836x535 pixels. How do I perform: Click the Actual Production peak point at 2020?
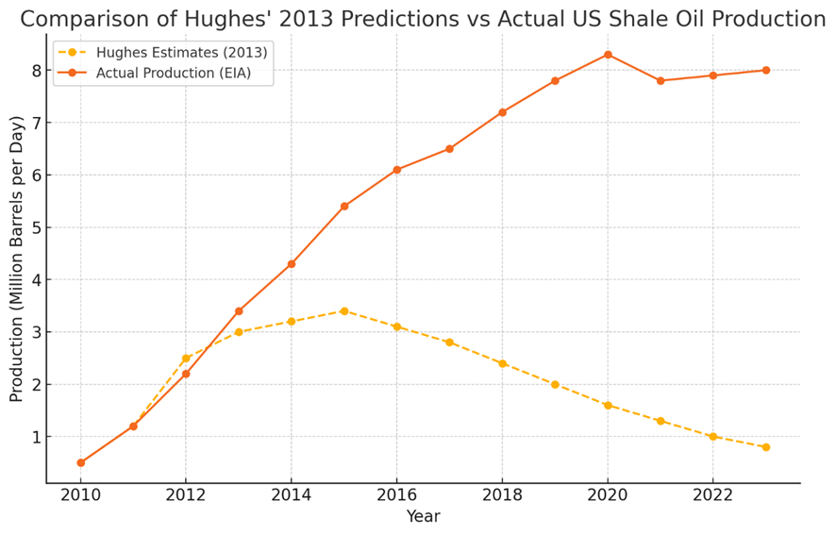[608, 55]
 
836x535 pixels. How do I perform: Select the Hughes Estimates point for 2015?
[344, 311]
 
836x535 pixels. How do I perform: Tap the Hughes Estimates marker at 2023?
[765, 447]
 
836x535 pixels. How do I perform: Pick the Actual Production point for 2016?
[397, 170]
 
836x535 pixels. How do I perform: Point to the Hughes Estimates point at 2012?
[186, 359]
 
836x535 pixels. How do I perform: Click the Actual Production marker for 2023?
[765, 70]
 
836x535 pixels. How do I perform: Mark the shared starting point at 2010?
[81, 462]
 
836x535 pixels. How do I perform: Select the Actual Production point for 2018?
[502, 112]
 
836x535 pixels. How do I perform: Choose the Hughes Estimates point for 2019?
[555, 385]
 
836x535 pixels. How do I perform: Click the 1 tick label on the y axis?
[36, 438]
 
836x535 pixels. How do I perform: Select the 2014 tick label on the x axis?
[292, 495]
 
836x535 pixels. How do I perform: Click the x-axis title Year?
[423, 517]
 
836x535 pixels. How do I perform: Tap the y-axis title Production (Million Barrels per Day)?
[17, 259]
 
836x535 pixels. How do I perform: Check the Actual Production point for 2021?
[660, 81]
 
